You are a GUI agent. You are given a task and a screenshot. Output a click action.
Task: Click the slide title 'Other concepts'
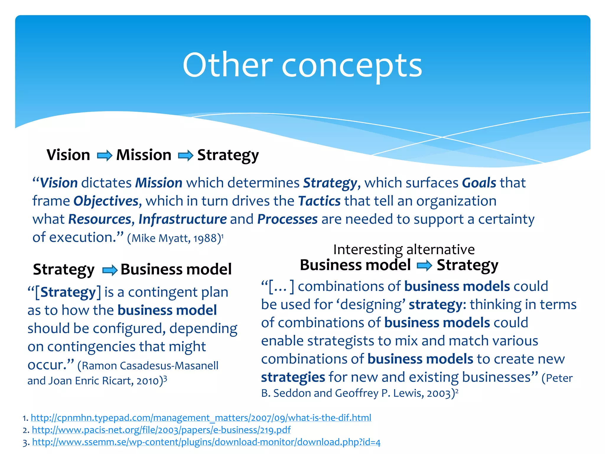(x=302, y=65)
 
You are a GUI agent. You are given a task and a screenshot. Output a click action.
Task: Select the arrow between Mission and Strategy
(x=186, y=155)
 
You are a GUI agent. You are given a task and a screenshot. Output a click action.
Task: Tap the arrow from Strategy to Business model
(x=110, y=270)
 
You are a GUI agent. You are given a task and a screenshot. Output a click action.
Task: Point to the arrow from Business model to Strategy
(x=424, y=265)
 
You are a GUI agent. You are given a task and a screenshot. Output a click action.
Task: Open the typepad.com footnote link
(x=201, y=418)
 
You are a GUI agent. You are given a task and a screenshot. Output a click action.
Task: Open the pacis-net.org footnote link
(x=161, y=430)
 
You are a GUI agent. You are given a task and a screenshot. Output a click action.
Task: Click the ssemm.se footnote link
(x=206, y=442)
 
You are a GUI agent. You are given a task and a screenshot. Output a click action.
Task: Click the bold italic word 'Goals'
(x=479, y=183)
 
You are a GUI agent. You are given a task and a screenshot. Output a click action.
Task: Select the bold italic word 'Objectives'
(x=106, y=201)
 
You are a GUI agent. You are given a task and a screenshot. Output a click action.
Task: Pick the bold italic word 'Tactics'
(x=319, y=201)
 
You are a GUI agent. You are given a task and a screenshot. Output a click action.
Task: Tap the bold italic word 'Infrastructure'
(x=183, y=219)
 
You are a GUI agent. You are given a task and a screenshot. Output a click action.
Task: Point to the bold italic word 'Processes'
(x=287, y=219)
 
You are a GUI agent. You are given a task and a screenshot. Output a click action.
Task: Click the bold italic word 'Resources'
(x=100, y=219)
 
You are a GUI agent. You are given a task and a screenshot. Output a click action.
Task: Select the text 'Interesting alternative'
(x=404, y=249)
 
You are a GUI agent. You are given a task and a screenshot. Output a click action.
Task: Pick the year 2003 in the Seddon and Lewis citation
(x=439, y=393)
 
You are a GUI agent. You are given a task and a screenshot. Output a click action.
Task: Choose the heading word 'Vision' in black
(x=68, y=155)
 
